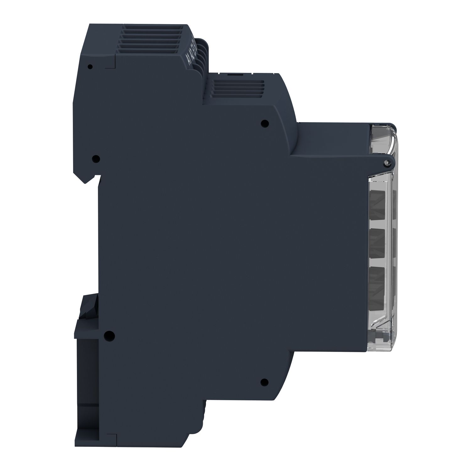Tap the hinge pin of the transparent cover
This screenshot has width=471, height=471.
pyautogui.click(x=387, y=161)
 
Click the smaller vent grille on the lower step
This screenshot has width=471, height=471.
pyautogui.click(x=238, y=86)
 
